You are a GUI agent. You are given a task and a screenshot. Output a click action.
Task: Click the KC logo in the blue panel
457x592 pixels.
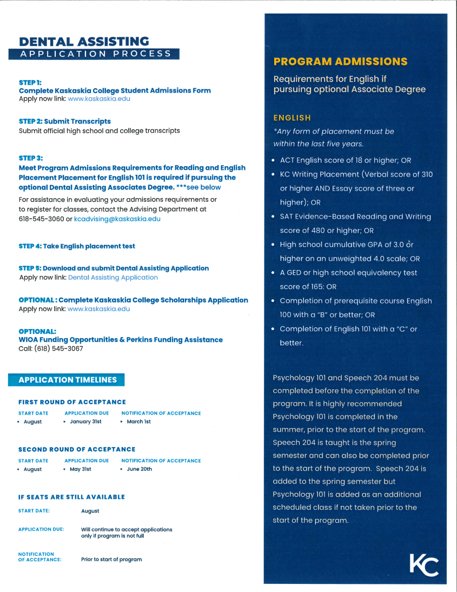click(x=423, y=565)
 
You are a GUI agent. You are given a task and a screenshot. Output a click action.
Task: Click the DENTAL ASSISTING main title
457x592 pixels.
click(x=84, y=42)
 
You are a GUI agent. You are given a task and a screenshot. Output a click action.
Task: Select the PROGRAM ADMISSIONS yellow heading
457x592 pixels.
click(x=341, y=62)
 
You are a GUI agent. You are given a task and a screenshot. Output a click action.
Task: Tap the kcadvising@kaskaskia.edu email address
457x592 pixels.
click(x=117, y=219)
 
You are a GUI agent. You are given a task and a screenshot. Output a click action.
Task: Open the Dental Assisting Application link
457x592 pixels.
click(x=113, y=278)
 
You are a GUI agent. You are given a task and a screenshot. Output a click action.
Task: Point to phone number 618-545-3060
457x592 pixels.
click(x=41, y=219)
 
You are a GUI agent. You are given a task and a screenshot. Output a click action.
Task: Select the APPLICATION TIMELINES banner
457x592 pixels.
click(x=67, y=380)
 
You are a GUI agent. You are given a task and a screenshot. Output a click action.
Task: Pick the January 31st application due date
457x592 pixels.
click(x=85, y=422)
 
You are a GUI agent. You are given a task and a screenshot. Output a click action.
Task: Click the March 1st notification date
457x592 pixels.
click(x=138, y=422)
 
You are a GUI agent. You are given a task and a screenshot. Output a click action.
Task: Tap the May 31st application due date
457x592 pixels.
click(x=80, y=469)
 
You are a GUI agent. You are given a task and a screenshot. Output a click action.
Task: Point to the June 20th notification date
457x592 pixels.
click(x=139, y=469)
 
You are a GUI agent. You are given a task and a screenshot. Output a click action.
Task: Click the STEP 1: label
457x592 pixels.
click(x=30, y=82)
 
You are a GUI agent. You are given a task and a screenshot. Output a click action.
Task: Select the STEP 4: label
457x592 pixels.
click(x=30, y=246)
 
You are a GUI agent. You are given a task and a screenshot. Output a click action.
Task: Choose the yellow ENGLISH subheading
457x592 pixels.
click(x=292, y=118)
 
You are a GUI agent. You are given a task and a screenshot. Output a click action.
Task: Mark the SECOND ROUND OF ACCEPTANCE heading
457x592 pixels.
click(x=77, y=450)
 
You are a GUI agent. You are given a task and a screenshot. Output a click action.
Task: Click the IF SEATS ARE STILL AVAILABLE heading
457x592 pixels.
click(x=71, y=497)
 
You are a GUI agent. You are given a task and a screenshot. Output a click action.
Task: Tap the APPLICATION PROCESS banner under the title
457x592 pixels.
click(x=95, y=54)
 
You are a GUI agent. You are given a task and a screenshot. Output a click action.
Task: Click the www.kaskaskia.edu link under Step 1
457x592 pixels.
click(x=99, y=99)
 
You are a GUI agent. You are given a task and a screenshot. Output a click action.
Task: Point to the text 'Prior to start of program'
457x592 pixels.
click(x=111, y=560)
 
